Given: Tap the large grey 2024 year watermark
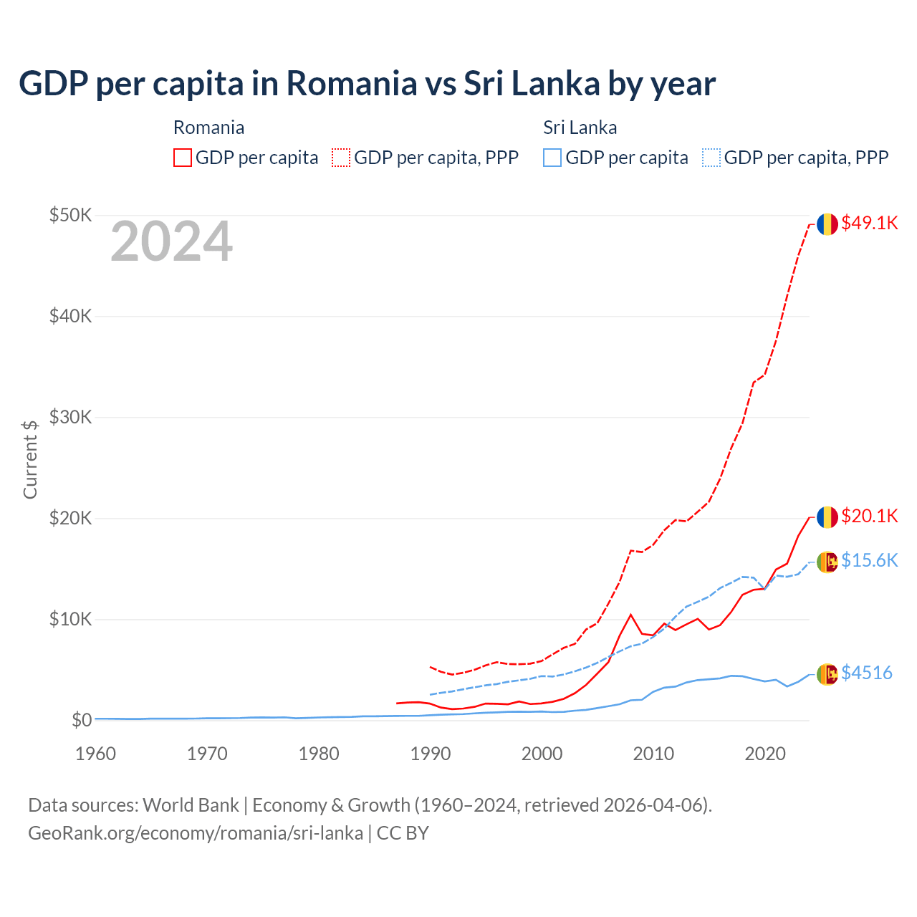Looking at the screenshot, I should point(171,242).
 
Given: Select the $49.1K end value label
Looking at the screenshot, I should point(869,223).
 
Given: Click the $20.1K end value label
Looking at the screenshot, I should point(869,516).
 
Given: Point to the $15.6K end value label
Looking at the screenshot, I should point(869,560).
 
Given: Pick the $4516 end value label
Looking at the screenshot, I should point(866,673).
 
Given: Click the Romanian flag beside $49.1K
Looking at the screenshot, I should point(827,224).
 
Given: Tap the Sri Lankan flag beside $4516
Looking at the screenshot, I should point(827,673).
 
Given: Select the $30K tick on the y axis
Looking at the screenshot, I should point(70,417).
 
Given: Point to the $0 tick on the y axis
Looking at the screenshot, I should point(82,720).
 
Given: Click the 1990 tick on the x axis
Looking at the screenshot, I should point(431,754).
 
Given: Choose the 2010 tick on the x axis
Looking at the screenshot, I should point(653,754).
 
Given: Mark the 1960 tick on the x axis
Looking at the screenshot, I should point(96,754).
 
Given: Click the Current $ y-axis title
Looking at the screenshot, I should point(30,459).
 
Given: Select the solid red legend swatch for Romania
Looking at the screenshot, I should point(183,158).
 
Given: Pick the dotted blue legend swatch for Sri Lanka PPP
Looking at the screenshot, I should point(711,158).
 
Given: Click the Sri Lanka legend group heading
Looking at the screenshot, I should point(580,128).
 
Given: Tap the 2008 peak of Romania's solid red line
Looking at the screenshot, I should point(630,615).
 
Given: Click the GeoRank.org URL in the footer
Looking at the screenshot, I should point(196,833).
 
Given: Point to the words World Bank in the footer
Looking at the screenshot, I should point(191,805).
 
